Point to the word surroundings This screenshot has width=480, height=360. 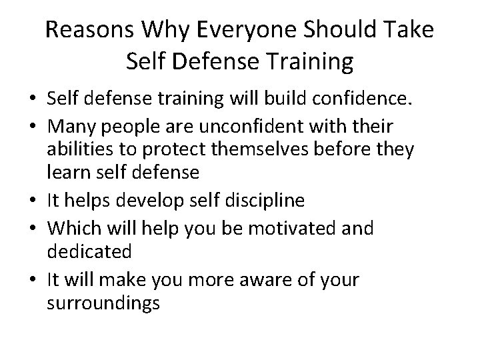click(103, 303)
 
